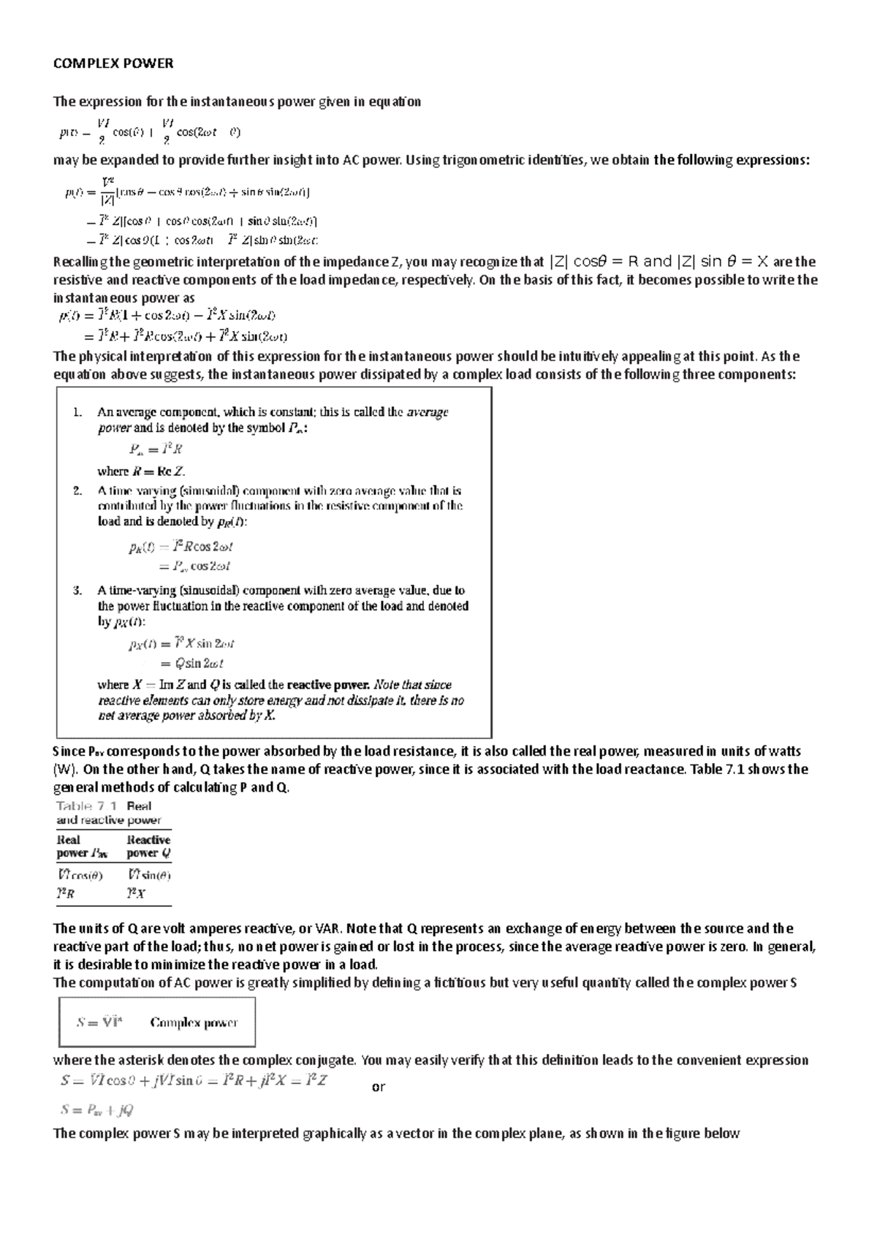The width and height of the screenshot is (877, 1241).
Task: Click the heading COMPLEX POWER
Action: (113, 64)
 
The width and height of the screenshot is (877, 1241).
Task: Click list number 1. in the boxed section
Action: (78, 412)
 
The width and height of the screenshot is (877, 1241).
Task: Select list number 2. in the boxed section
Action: (78, 491)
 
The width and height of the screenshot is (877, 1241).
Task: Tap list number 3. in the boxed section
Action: (78, 591)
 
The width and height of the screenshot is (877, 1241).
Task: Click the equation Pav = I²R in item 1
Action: (156, 449)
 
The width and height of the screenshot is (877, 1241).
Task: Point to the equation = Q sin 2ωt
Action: (191, 664)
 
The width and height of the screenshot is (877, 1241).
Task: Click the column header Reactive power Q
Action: (148, 846)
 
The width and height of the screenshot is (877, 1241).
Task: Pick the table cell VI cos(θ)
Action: (80, 875)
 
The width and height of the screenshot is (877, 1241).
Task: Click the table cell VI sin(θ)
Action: (148, 875)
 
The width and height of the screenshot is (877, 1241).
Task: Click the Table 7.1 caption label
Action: (87, 806)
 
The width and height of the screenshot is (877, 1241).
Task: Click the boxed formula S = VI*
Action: (100, 1022)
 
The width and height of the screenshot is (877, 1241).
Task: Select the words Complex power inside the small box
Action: (194, 1022)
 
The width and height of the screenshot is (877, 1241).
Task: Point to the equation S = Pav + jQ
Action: (97, 1110)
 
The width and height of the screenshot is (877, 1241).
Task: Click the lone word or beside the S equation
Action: (378, 1087)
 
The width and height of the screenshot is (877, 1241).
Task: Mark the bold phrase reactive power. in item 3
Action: (328, 686)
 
